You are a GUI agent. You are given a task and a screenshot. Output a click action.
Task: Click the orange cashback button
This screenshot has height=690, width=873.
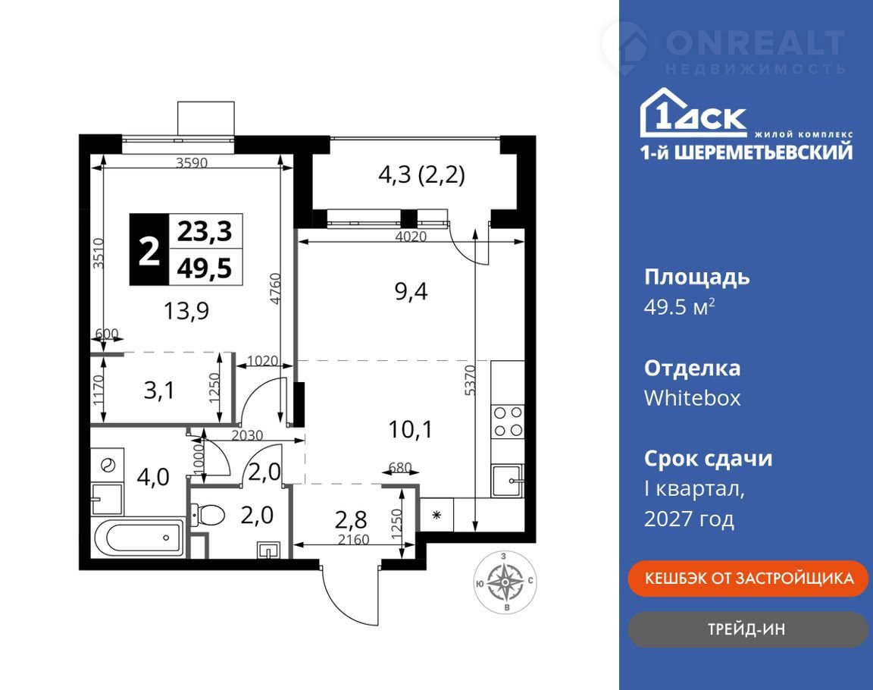click(748, 578)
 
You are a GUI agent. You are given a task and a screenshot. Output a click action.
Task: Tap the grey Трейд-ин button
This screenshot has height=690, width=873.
click(748, 629)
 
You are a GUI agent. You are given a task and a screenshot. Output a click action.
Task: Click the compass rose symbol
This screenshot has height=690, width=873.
click(505, 582)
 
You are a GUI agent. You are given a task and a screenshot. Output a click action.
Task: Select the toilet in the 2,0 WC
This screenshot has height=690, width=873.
click(207, 515)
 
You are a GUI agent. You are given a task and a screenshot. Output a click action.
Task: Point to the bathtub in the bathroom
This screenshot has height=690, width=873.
click(139, 538)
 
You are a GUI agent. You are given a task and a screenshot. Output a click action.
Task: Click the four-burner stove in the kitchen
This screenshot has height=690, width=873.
click(508, 422)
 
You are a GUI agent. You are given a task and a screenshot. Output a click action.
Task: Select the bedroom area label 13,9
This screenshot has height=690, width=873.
click(186, 310)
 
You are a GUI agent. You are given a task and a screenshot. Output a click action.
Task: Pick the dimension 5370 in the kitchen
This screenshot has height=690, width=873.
click(470, 381)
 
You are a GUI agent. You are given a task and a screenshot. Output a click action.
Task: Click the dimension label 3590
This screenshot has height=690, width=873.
click(192, 162)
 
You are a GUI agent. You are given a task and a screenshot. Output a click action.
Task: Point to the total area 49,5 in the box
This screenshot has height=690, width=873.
click(205, 268)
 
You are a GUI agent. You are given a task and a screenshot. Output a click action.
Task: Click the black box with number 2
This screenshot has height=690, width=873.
click(149, 249)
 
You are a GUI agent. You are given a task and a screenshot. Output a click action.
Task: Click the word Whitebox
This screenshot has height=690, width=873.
click(692, 398)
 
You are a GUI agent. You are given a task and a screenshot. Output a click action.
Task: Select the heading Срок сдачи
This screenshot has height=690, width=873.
click(709, 459)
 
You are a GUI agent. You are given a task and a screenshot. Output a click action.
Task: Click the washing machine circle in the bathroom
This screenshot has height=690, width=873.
click(108, 465)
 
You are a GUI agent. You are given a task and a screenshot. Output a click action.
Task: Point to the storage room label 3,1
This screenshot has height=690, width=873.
click(159, 390)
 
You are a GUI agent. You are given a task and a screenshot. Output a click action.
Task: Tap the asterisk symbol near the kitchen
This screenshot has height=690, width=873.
click(437, 515)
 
